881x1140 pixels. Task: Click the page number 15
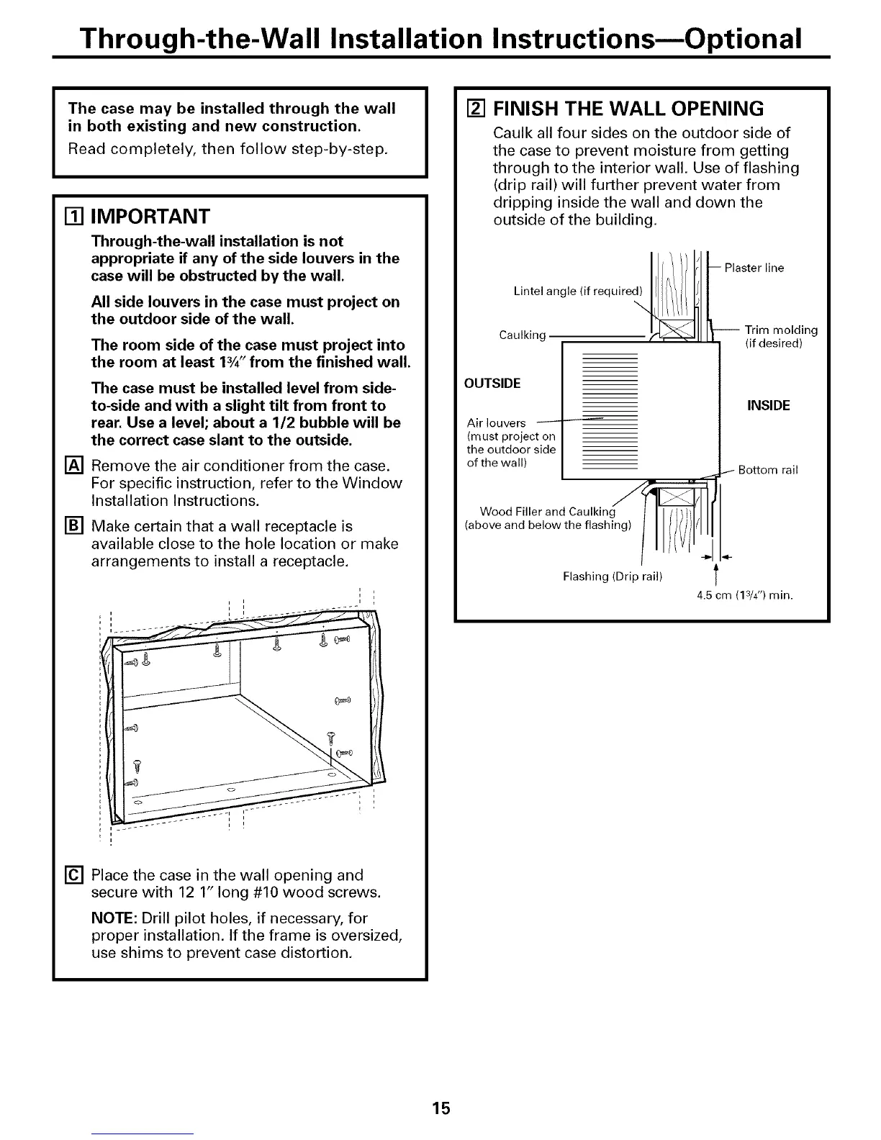(441, 1108)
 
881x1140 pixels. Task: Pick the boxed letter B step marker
(74, 527)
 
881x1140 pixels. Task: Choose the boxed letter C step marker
(74, 876)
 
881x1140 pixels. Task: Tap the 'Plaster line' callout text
(754, 268)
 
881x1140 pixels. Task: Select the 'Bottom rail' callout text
(768, 471)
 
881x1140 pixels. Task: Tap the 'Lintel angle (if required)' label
(577, 291)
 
